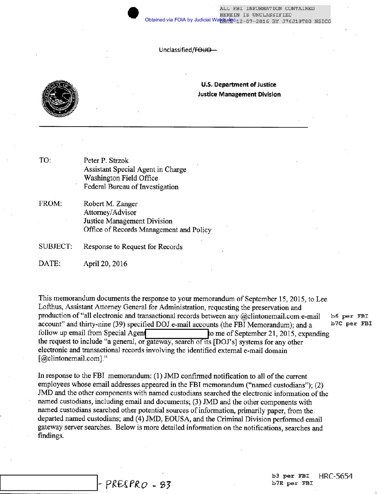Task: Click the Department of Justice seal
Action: coord(60,99)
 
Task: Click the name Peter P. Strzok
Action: coord(106,161)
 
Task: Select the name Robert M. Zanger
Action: coord(110,204)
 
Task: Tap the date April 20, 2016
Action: coord(105,264)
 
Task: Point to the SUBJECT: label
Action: coord(55,247)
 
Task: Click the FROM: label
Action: coord(50,204)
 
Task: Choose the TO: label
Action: coord(45,161)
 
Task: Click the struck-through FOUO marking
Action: coord(205,50)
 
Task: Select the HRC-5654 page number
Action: coord(335,476)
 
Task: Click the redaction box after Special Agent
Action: coord(177,333)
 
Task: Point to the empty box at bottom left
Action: coord(48,483)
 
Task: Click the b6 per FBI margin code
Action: coord(350,316)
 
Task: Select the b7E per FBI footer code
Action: coord(292,483)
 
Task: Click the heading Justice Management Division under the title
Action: coord(239,94)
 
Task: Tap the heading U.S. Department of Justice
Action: coord(239,85)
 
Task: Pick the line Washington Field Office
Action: coord(121,178)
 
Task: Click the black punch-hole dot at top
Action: coord(133,13)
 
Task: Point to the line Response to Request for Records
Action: coord(133,247)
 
